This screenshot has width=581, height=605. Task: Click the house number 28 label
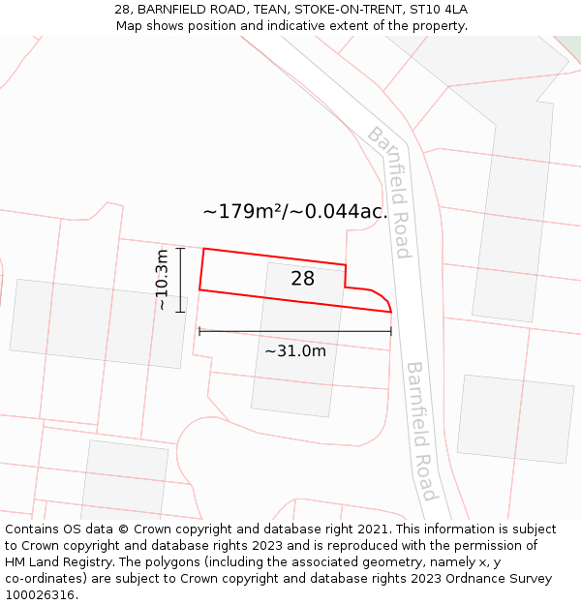(302, 279)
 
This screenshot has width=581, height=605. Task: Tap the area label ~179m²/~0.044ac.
(295, 211)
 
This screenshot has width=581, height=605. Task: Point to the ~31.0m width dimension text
(295, 350)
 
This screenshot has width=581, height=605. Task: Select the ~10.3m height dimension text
(162, 280)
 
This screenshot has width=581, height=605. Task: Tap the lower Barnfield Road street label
(421, 431)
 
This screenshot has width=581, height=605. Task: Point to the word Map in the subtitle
(129, 25)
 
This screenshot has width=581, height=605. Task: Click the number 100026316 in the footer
(42, 595)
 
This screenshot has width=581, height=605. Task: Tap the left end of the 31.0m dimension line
(199, 331)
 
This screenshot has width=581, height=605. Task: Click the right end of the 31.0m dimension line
(391, 331)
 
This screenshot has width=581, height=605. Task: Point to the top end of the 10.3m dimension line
(180, 248)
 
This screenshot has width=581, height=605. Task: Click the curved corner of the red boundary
(383, 297)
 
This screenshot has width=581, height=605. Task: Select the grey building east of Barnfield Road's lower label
(515, 418)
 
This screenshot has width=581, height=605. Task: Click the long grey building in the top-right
(514, 208)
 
